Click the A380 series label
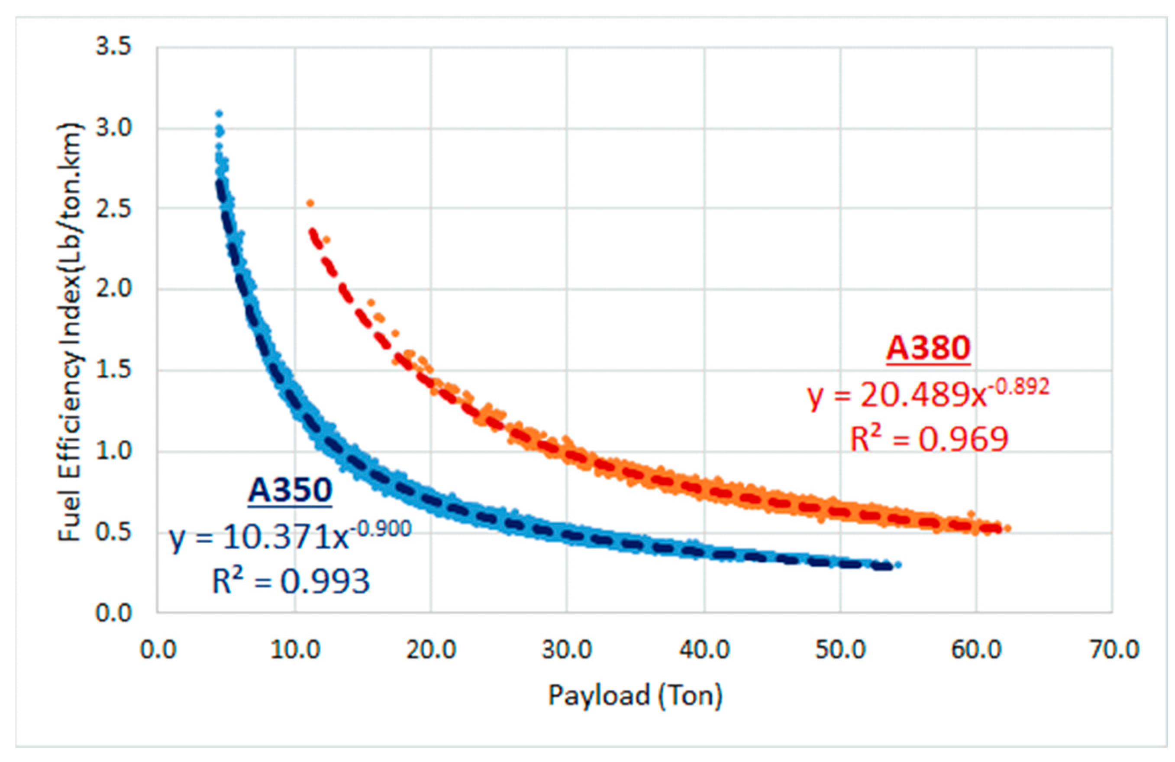pyautogui.click(x=928, y=348)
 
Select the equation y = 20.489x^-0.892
pyautogui.click(x=928, y=396)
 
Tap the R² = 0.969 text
pyautogui.click(x=928, y=439)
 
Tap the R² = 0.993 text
pyautogui.click(x=291, y=581)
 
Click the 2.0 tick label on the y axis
pyautogui.click(x=113, y=289)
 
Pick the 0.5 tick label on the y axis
pyautogui.click(x=113, y=532)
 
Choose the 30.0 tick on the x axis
pyautogui.click(x=567, y=650)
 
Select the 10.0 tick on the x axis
pyautogui.click(x=295, y=650)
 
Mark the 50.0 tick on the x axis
pyautogui.click(x=840, y=650)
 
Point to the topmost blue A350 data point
pyautogui.click(x=219, y=113)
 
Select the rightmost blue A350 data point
pyautogui.click(x=898, y=565)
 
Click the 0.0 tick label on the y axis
pyautogui.click(x=113, y=613)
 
